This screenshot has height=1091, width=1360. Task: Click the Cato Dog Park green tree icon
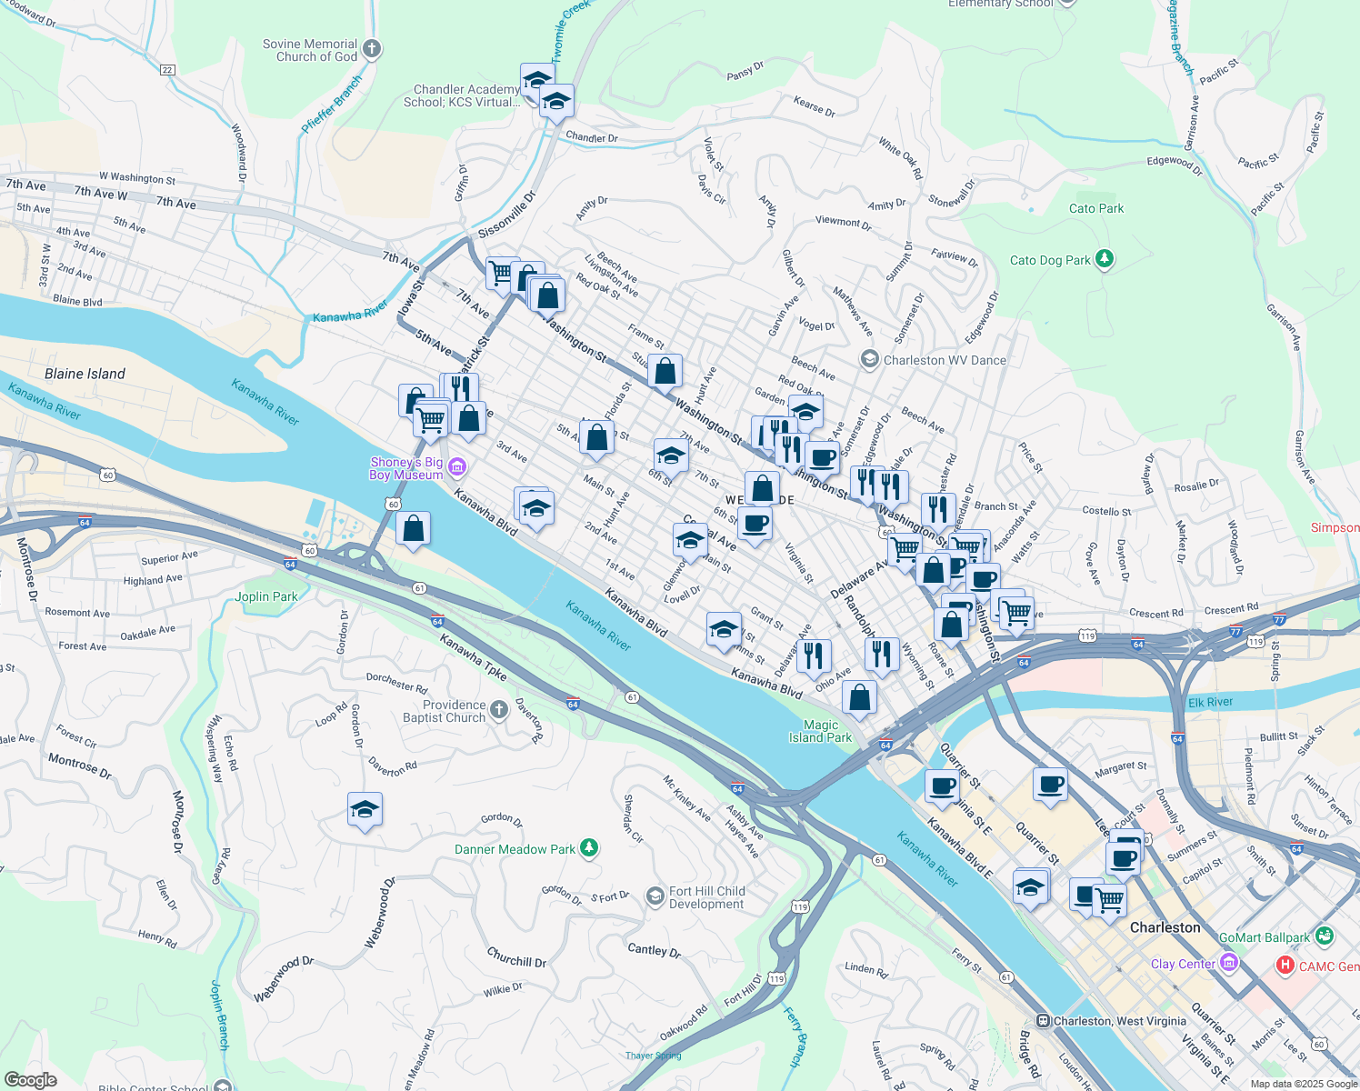click(x=1105, y=260)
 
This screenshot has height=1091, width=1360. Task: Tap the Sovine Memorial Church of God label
click(x=310, y=50)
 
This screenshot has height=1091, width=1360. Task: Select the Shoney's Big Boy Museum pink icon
click(x=457, y=468)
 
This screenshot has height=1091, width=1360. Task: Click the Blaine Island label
click(x=85, y=374)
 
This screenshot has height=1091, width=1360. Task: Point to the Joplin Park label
click(x=265, y=596)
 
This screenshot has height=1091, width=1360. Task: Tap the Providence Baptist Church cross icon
click(x=498, y=710)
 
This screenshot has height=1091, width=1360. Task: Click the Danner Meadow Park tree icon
click(x=589, y=848)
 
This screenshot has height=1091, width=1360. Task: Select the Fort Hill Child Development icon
click(x=655, y=897)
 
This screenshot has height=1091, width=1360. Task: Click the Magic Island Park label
click(x=820, y=731)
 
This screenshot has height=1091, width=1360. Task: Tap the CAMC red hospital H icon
click(x=1285, y=966)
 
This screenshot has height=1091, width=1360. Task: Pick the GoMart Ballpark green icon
click(x=1324, y=936)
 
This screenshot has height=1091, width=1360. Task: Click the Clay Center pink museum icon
click(x=1229, y=963)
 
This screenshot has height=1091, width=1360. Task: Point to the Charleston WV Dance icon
click(x=869, y=359)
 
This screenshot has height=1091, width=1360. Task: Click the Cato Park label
click(x=1096, y=208)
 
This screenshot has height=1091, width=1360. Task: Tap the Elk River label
click(x=1210, y=702)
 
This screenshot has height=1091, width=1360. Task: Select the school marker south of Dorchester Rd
click(x=365, y=809)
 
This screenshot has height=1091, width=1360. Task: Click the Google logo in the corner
click(x=30, y=1079)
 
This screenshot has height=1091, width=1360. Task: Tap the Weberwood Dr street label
click(x=283, y=979)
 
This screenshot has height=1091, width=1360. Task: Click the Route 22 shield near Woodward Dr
click(x=166, y=70)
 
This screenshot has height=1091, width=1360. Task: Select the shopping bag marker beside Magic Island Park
click(x=859, y=697)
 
